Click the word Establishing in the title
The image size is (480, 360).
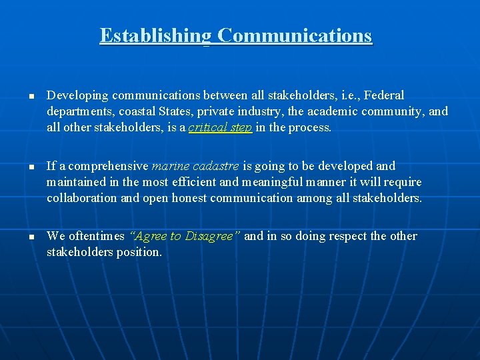[155, 35]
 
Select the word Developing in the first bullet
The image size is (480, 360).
[75, 96]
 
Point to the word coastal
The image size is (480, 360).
[137, 111]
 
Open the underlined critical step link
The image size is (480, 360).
[220, 127]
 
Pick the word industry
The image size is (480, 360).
[249, 111]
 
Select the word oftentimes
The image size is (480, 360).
[95, 237]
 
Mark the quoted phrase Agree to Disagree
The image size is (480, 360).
[185, 237]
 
